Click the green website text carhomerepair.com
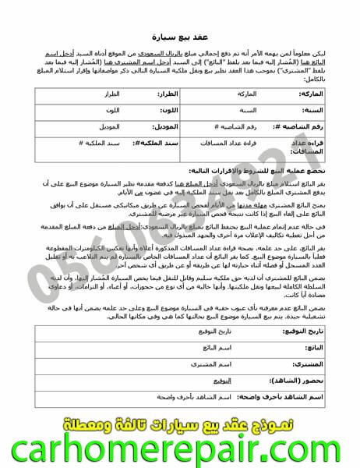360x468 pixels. pos(180,451)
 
